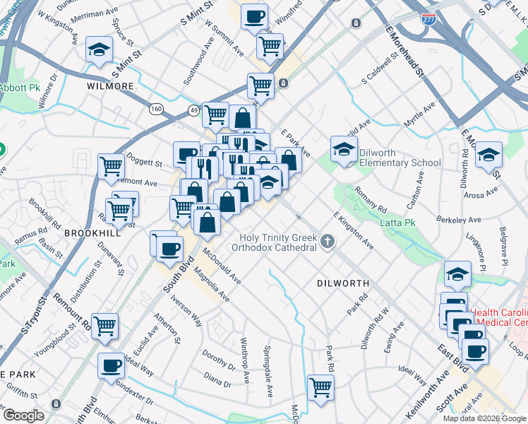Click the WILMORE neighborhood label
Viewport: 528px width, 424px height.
(110, 86)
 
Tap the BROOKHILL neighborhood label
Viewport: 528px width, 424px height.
(88, 232)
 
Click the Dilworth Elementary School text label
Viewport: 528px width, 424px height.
(400, 157)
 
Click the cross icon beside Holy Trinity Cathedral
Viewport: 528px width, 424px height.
(327, 242)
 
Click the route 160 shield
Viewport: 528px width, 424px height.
(156, 109)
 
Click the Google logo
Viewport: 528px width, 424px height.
(23, 415)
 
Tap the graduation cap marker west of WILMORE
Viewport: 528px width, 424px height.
(99, 49)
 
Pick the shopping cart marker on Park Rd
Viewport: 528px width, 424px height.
(320, 387)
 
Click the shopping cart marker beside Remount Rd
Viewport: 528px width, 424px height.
(105, 325)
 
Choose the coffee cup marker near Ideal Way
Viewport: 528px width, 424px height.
(111, 365)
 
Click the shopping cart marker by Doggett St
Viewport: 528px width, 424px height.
(112, 166)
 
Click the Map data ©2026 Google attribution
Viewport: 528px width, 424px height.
(484, 418)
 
